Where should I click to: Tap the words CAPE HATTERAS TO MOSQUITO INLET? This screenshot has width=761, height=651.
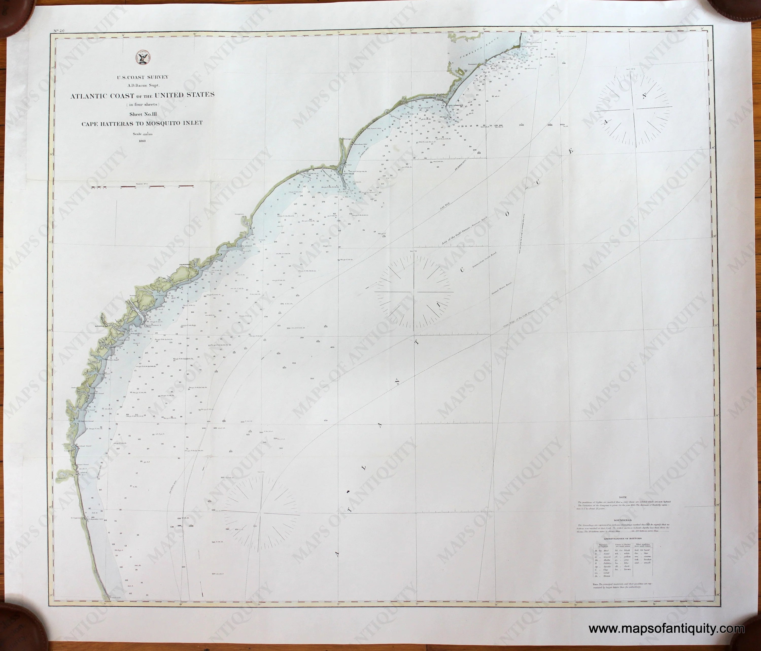tap(142, 124)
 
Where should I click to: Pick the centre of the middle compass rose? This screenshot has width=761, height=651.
tap(414, 293)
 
